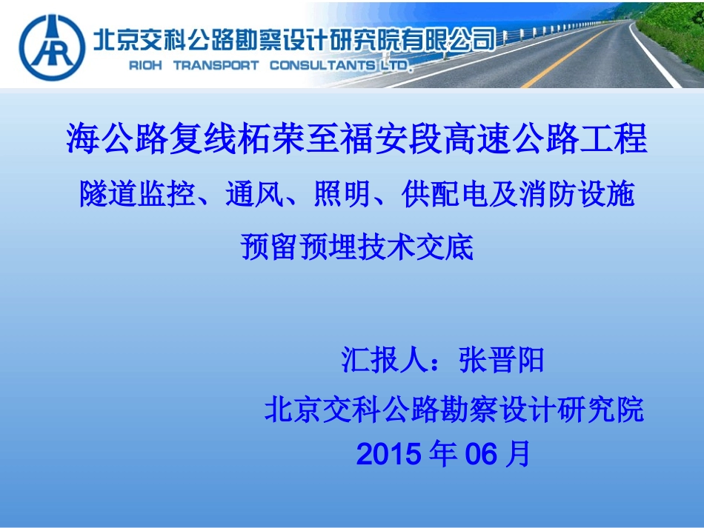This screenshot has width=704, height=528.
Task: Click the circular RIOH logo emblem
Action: [52, 47]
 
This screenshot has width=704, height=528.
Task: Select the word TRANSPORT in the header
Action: [216, 65]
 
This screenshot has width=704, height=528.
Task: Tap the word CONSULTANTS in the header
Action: [322, 65]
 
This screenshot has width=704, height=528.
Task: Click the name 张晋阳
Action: [502, 361]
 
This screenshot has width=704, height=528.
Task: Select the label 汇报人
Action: [382, 361]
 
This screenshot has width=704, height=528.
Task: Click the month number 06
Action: [480, 454]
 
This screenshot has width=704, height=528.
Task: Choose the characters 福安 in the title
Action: [373, 138]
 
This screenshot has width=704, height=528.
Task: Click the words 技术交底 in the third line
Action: [414, 247]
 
